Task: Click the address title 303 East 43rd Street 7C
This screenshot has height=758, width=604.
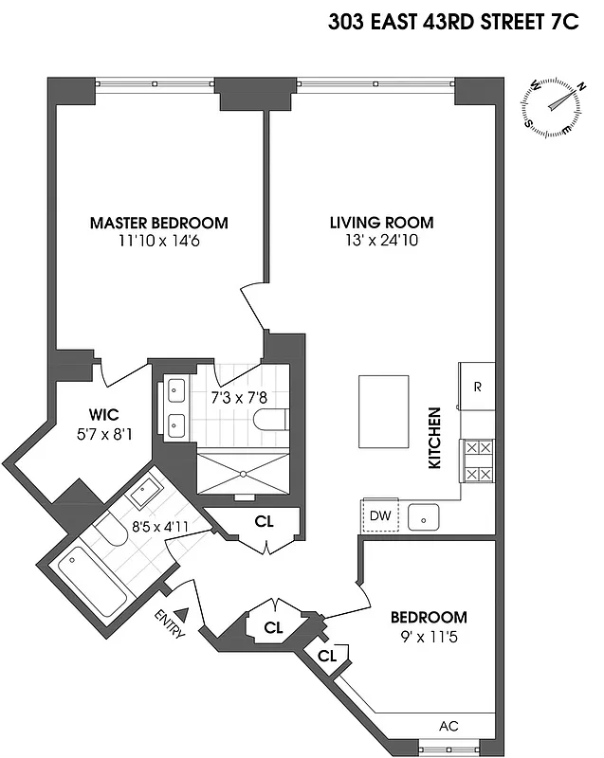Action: (x=453, y=24)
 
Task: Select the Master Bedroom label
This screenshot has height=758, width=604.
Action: (x=158, y=224)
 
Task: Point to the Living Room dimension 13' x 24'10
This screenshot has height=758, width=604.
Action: (x=381, y=242)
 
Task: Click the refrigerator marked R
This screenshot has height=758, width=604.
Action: (x=477, y=387)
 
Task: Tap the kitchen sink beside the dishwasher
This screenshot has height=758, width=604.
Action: (x=424, y=517)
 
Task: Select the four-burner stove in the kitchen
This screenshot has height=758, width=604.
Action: (x=477, y=461)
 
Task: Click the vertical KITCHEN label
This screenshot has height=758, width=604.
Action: (x=435, y=439)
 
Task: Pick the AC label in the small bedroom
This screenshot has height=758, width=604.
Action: (x=449, y=726)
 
